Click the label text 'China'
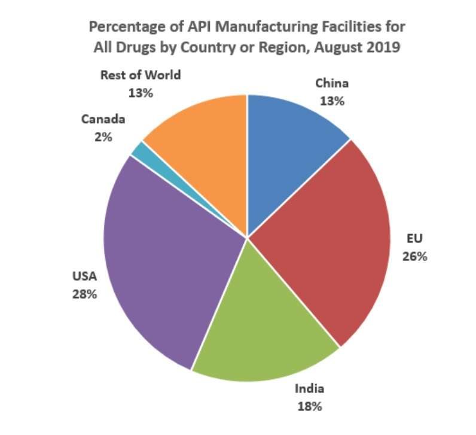point(332,83)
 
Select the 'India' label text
point(310,389)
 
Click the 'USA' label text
point(84,276)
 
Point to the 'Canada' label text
point(103,119)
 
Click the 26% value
point(414,257)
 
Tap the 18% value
point(310,406)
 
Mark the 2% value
point(103,136)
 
